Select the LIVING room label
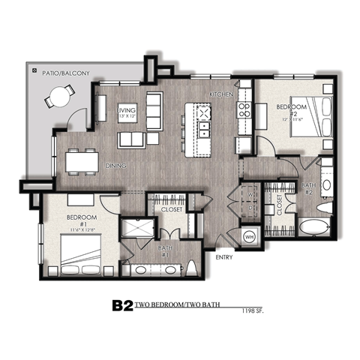point(126,113)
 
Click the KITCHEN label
point(220,95)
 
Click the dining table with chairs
point(82,160)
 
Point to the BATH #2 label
point(308,187)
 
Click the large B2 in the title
point(122,305)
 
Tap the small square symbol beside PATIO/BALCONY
point(34,70)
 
